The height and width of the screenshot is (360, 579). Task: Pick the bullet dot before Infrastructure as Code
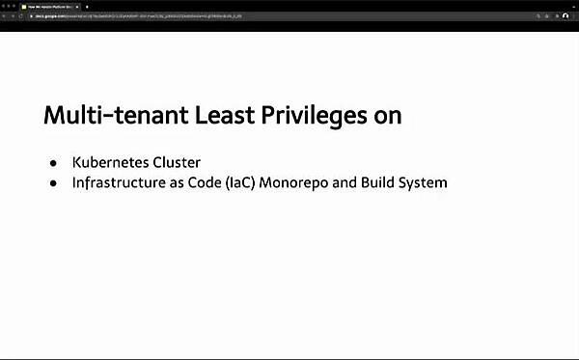(53, 181)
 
